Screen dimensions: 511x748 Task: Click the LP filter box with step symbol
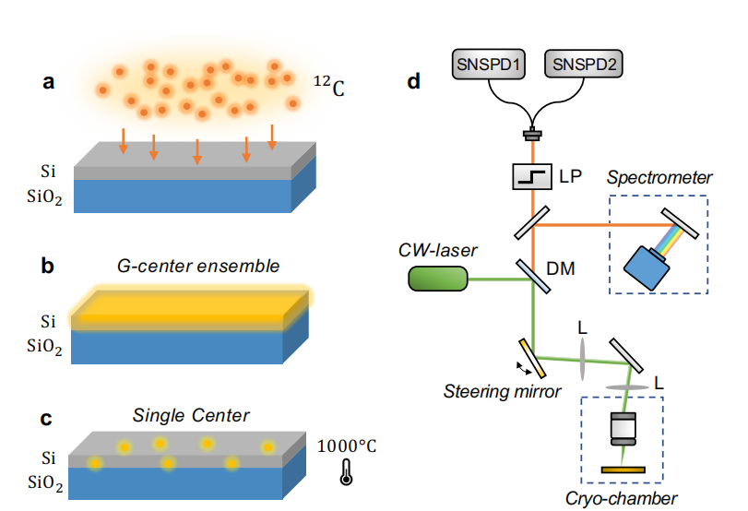pos(533,175)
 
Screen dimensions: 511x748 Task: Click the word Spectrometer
pos(659,178)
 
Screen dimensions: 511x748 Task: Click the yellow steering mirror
pos(533,358)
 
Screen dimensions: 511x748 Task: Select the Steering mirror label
pos(504,391)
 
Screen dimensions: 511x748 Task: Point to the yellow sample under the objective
pos(623,471)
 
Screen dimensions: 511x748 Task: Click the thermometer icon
pos(346,471)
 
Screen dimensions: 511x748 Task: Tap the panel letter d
pos(414,82)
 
